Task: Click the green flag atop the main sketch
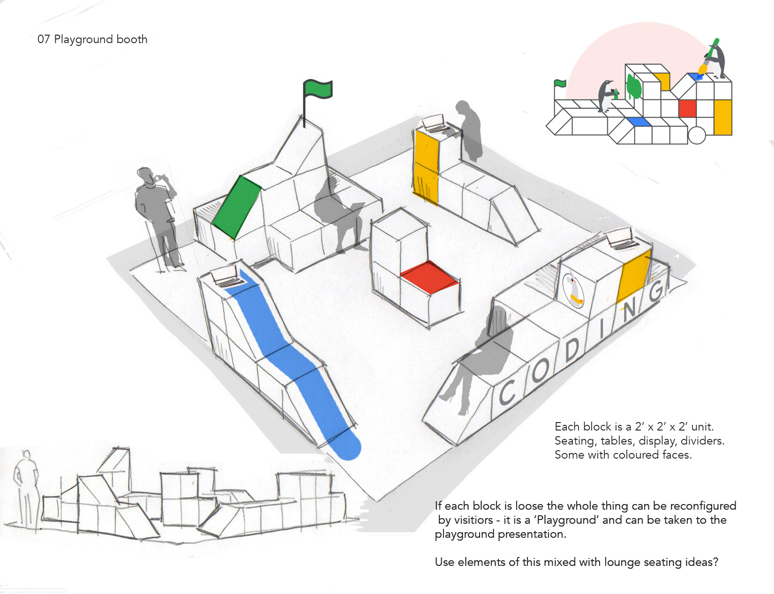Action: (318, 89)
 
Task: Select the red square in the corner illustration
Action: (687, 108)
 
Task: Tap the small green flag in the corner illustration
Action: (560, 83)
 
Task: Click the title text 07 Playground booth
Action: (92, 39)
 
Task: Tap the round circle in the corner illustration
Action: (697, 135)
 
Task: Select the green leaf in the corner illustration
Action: (634, 88)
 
